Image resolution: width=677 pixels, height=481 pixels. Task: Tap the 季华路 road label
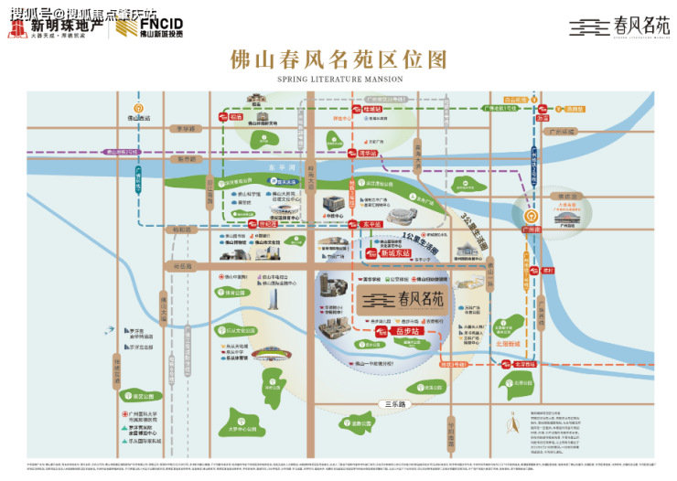(186, 129)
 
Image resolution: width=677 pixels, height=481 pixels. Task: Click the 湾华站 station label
(369, 155)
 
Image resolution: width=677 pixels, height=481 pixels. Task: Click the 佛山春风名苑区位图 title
(338, 59)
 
